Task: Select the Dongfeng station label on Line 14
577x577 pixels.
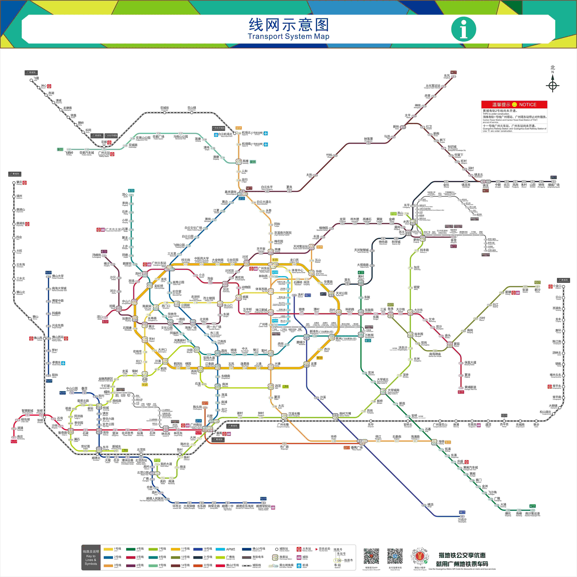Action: pyautogui.click(x=447, y=76)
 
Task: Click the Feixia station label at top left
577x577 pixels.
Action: pyautogui.click(x=36, y=79)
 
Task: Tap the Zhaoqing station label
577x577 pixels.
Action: pyautogui.click(x=19, y=182)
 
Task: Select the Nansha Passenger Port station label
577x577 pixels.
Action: pyautogui.click(x=532, y=514)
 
